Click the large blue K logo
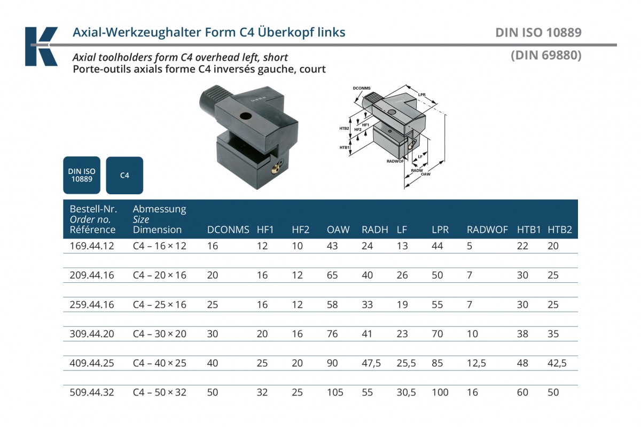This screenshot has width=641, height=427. (41, 46)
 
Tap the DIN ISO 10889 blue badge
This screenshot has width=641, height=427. (82, 175)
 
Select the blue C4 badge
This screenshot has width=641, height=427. (124, 175)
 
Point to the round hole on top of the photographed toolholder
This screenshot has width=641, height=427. (246, 116)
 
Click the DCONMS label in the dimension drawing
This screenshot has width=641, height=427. (362, 88)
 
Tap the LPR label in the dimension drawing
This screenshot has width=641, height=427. (421, 94)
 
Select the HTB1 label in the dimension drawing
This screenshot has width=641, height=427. (344, 147)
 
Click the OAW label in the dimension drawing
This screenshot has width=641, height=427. (426, 174)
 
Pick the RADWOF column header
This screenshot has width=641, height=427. (487, 230)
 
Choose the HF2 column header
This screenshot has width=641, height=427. (300, 230)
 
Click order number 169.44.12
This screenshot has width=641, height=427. (92, 246)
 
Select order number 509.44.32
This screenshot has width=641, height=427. (92, 392)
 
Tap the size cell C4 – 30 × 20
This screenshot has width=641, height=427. (159, 334)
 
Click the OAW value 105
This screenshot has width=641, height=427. (335, 392)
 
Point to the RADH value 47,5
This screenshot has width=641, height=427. (371, 363)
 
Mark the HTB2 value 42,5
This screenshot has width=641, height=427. (557, 363)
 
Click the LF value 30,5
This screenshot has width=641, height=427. (406, 392)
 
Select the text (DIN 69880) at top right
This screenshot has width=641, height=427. (546, 55)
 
